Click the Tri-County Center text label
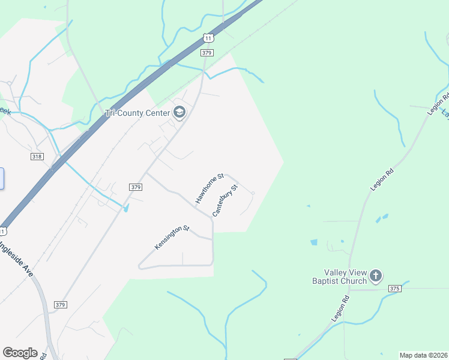pos(137,112)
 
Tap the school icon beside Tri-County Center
pos(179,112)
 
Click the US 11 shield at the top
pos(208,38)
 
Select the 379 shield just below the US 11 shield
pos(207,53)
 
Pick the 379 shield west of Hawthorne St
pos(135,187)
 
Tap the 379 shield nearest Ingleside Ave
pos(59,305)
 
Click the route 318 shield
pos(37,156)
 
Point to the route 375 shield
pos(394,289)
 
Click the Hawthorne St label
pos(209,187)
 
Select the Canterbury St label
pos(226,200)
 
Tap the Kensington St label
pos(172,238)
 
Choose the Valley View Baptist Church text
pos(339,276)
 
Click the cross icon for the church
pos(376,276)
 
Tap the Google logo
pos(20,353)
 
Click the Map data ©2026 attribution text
pos(423,355)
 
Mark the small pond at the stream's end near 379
pos(125,208)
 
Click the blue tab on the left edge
pos(2,179)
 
